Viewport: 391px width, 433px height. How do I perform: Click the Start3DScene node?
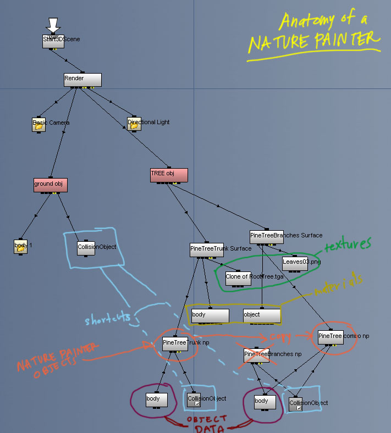(53, 41)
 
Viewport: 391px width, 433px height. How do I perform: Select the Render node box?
(82, 80)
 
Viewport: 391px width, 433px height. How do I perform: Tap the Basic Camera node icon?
(38, 124)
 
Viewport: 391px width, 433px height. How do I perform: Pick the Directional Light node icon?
(134, 124)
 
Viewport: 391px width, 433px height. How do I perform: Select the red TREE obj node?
(169, 175)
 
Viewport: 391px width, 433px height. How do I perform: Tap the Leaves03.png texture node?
(295, 263)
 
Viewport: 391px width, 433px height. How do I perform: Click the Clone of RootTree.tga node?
(238, 277)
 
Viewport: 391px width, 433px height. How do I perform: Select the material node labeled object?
(262, 315)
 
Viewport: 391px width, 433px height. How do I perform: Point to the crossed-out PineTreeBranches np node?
(256, 356)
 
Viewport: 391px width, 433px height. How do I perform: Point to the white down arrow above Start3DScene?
(53, 25)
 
